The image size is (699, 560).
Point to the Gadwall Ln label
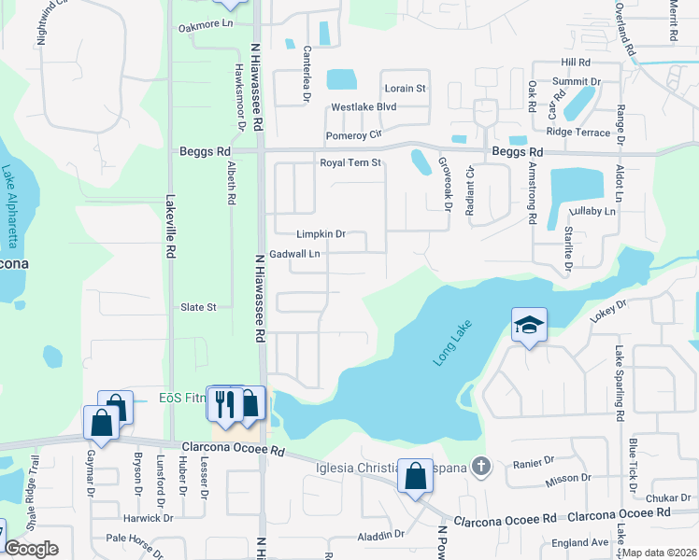(294, 254)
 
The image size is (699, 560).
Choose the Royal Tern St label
(351, 162)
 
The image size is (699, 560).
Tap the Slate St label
(198, 307)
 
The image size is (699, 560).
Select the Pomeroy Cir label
(354, 135)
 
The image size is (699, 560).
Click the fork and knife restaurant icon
(222, 403)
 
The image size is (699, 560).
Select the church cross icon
(480, 465)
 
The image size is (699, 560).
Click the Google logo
(31, 549)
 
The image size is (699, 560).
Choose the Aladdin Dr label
(380, 536)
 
